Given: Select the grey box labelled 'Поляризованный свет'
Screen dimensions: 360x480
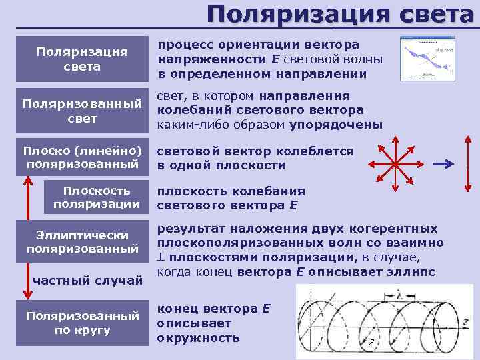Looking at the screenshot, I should coord(83,111).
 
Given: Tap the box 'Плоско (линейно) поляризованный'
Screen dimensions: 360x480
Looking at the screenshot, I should coord(83,156).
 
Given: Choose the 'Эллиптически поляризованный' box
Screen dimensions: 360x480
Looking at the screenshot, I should coord(83,241).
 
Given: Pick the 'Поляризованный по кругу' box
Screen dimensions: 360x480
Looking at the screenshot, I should coord(83,323).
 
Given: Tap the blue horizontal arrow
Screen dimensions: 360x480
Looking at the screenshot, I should coord(442,163).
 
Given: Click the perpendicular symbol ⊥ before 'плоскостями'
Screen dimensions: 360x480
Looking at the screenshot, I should coord(161,258).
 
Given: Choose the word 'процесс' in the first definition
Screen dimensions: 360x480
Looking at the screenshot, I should coord(179,44).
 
